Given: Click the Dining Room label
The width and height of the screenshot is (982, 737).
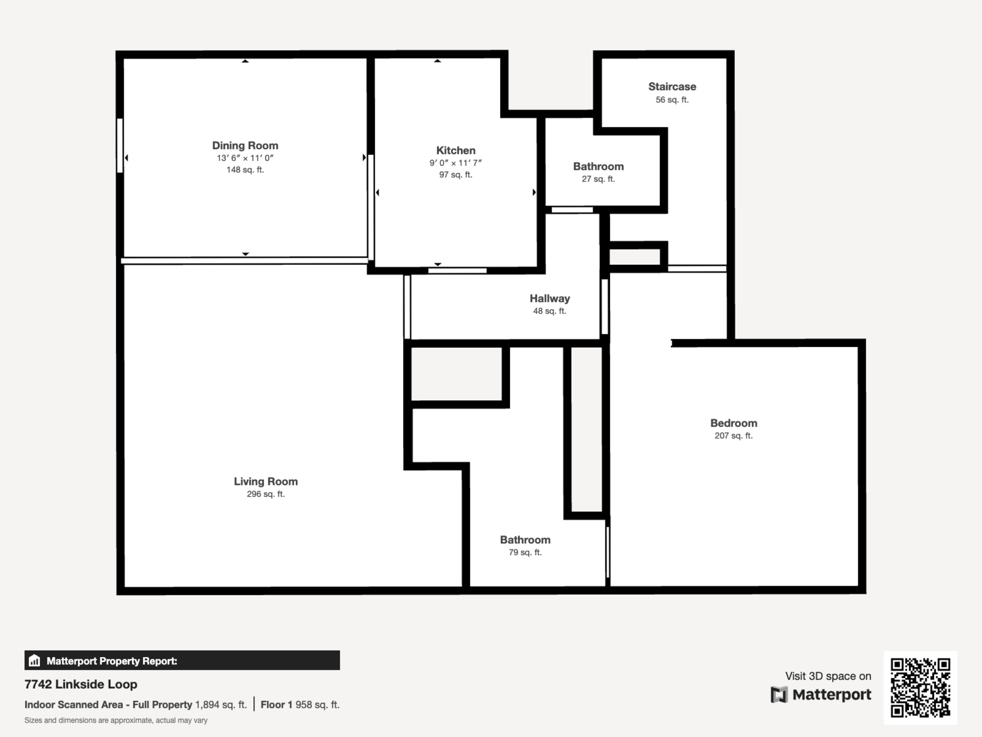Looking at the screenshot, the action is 245,146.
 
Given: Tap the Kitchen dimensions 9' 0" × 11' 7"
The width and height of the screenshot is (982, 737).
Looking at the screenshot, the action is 456,163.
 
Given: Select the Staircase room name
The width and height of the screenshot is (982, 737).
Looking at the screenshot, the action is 672,86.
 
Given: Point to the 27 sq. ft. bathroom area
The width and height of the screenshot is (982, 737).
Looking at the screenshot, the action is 598,179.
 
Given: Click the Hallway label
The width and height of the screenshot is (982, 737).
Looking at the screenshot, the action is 550,298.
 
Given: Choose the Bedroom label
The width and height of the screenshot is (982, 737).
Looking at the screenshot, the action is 734,423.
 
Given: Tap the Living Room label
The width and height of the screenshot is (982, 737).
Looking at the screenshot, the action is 266,481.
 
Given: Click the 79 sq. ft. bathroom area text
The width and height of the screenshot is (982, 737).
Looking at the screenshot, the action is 525,552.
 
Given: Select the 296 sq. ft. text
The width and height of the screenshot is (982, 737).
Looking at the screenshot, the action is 266,494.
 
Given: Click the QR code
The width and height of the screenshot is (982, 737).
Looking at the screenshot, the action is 920,687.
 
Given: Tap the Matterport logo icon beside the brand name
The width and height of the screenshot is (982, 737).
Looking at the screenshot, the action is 779,695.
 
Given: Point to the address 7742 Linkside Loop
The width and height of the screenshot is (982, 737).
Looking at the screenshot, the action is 81,684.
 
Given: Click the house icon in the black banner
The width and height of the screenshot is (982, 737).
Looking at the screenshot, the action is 34,660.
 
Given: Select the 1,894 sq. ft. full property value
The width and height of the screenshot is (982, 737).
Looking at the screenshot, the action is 221,705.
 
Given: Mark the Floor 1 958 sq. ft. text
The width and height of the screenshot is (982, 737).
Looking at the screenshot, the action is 300,705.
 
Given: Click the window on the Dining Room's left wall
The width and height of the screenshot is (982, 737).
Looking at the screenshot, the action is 120,146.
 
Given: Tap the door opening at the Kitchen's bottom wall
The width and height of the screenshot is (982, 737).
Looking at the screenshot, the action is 457,270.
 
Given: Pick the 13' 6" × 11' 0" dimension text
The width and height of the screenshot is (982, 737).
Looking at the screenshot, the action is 245,158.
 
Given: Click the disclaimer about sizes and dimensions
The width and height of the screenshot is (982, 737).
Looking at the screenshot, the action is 116,721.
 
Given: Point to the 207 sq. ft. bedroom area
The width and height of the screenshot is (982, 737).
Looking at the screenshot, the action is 734,436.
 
